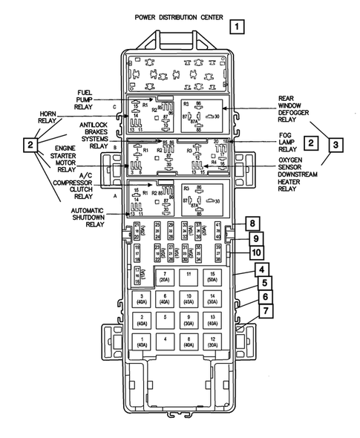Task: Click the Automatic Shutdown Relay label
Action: coord(86,217)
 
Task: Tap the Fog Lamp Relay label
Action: coord(290,141)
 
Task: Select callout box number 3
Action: coord(336,145)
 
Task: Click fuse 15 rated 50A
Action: coord(214,278)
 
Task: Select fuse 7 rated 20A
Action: coord(165,278)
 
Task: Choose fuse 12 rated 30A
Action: coord(214,342)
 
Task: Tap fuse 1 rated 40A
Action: coord(141,342)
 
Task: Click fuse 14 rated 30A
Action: coord(214,299)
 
